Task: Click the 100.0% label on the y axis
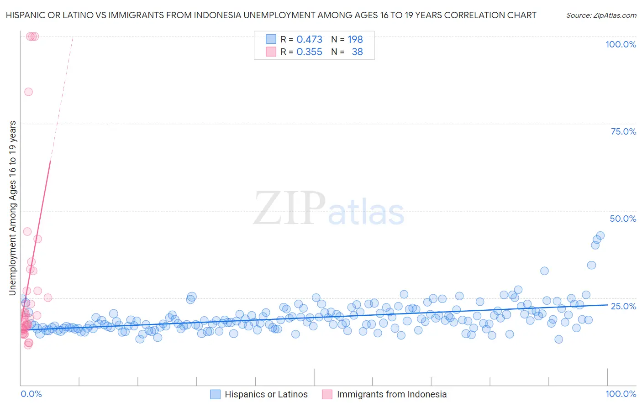[x=621, y=44]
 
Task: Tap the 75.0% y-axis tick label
[x=623, y=131]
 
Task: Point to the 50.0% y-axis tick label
[x=623, y=219]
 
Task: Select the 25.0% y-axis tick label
[x=623, y=306]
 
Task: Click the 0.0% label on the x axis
[x=31, y=394]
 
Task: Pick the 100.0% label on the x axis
[x=621, y=394]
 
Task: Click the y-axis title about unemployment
[x=13, y=208]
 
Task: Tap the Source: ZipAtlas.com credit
[x=601, y=15]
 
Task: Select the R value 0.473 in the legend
[x=309, y=40]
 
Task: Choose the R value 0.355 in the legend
[x=309, y=52]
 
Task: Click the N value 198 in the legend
[x=355, y=40]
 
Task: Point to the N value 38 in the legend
[x=357, y=52]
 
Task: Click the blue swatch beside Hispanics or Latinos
[x=215, y=394]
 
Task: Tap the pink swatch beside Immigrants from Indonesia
[x=327, y=394]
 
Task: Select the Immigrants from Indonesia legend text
[x=392, y=394]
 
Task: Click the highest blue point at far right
[x=600, y=235]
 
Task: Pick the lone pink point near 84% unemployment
[x=28, y=92]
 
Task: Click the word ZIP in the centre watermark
[x=289, y=209]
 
